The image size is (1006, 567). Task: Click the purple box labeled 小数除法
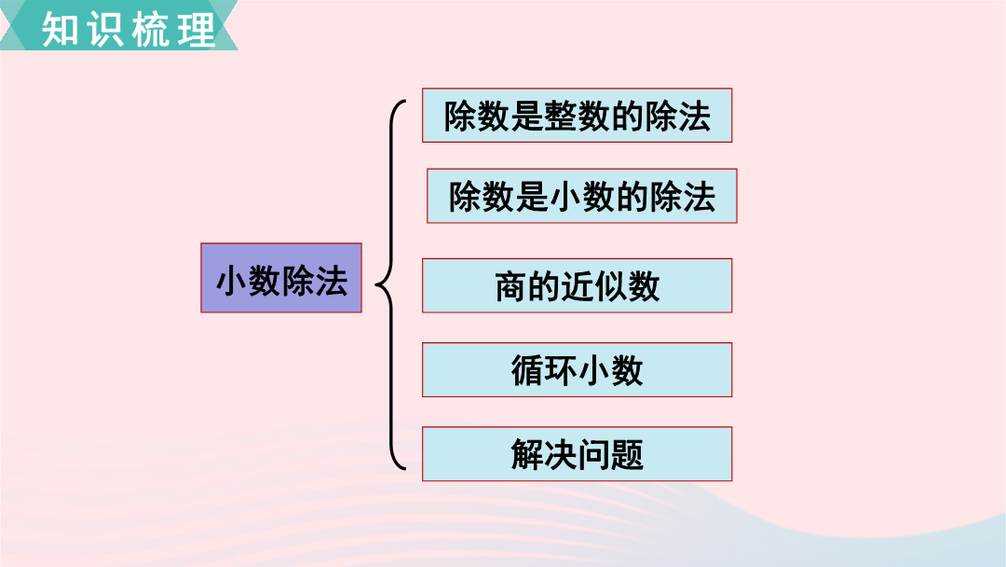click(281, 278)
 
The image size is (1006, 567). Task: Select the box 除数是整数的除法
click(577, 116)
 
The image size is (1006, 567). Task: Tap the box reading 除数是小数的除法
click(582, 196)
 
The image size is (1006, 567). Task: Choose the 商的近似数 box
click(577, 285)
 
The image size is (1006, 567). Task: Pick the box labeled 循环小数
click(577, 370)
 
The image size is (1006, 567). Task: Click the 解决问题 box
click(577, 454)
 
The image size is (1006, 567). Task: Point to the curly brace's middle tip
click(376, 283)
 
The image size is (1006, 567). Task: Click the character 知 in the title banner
click(60, 29)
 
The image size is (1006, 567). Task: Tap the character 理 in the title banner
click(197, 29)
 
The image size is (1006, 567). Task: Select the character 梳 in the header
click(151, 29)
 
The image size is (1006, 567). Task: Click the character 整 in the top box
click(561, 117)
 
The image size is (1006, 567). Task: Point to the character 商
click(511, 286)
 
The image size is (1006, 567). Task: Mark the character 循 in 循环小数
click(527, 370)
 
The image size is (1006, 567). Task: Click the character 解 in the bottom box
click(527, 455)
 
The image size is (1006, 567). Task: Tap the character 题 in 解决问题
click(628, 455)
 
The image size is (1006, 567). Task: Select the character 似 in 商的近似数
click(611, 286)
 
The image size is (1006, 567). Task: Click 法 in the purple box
click(331, 282)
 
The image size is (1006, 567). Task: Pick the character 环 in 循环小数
click(561, 370)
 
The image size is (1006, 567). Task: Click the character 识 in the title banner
click(105, 29)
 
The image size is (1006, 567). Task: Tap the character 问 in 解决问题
click(594, 455)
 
